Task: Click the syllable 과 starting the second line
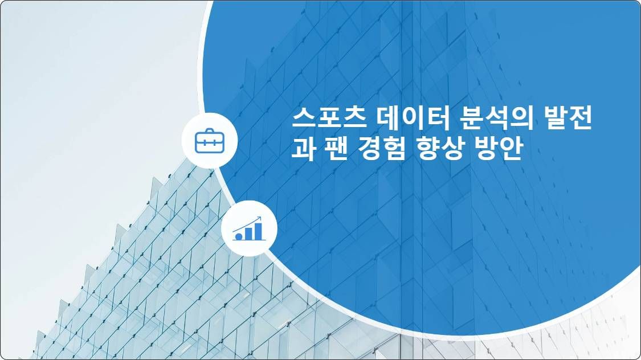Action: click(303, 149)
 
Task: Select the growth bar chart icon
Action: click(249, 228)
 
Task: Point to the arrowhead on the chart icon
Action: click(259, 218)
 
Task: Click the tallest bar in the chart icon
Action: click(259, 231)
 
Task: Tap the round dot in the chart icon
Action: click(239, 235)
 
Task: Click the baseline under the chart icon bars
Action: click(249, 240)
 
